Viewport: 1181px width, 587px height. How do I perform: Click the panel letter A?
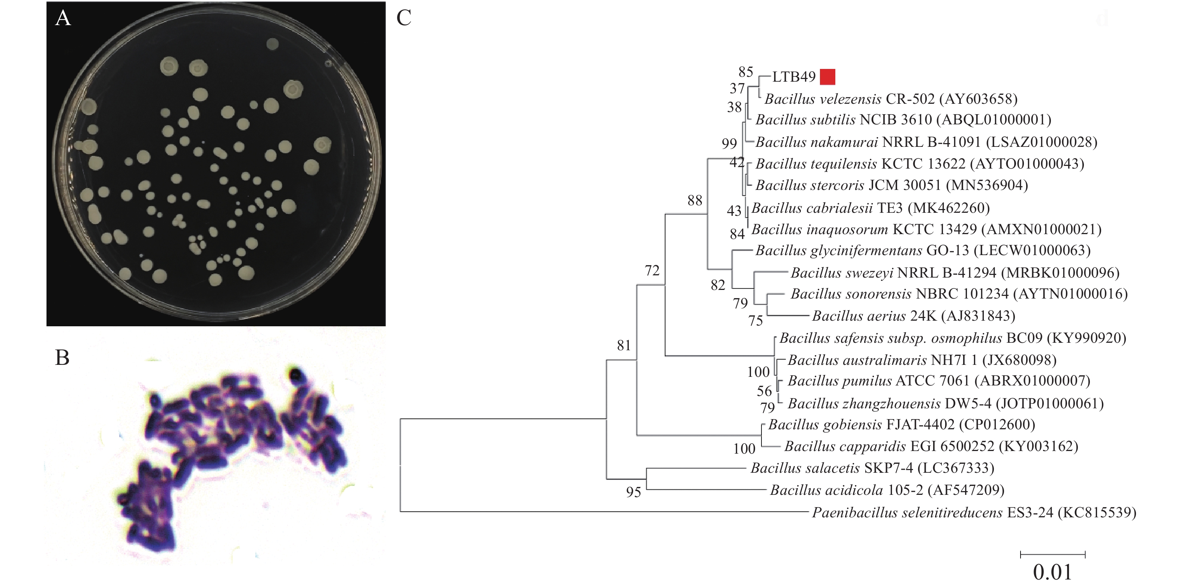click(63, 18)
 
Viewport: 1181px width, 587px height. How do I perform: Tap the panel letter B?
click(62, 357)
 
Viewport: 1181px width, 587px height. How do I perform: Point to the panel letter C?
click(403, 18)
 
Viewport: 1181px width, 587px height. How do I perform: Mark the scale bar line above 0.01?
click(1053, 554)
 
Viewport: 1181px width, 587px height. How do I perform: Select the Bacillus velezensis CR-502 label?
click(891, 99)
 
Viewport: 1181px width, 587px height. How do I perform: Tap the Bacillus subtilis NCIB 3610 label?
click(903, 119)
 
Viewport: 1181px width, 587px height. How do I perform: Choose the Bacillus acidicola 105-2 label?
click(887, 490)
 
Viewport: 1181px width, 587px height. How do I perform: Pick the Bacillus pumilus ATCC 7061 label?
click(939, 381)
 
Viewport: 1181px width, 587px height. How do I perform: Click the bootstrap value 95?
click(634, 492)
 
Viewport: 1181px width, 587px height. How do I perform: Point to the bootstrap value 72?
click(652, 271)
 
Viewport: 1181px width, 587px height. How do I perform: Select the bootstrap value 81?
click(624, 345)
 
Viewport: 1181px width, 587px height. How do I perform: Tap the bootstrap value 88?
click(695, 200)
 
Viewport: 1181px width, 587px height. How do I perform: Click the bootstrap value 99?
click(729, 143)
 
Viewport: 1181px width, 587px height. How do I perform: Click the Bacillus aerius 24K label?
click(914, 316)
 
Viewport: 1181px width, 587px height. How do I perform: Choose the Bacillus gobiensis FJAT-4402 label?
click(902, 425)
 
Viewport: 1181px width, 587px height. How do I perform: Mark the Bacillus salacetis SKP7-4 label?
click(872, 468)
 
